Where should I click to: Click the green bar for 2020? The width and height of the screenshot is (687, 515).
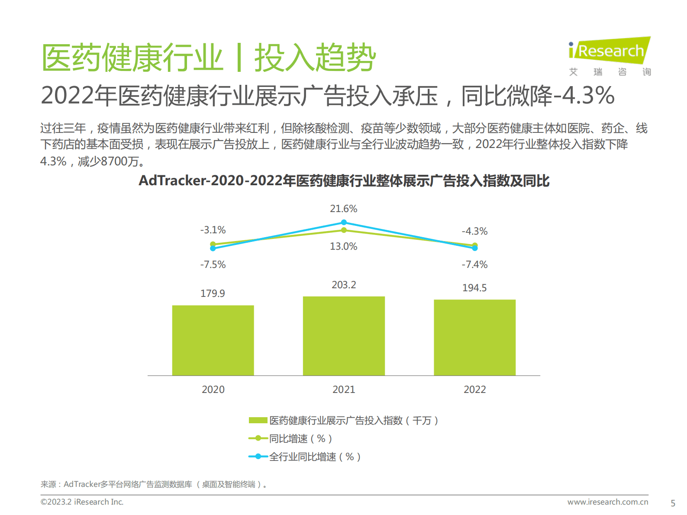coord(213,340)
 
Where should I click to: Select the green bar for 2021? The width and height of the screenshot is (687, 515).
coord(344,336)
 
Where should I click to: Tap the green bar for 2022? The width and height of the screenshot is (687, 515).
coord(474,337)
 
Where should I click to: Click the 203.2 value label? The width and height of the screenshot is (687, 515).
coord(344,285)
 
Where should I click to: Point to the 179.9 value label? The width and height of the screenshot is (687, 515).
coord(213,293)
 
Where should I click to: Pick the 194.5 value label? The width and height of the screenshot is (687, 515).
coord(474,288)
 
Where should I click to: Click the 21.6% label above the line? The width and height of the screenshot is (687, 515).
coord(344,209)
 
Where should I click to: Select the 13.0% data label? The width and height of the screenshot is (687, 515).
coord(344,246)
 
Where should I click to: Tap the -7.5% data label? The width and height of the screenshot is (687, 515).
coord(213,264)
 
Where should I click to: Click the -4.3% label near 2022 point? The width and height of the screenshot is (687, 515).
coord(474,231)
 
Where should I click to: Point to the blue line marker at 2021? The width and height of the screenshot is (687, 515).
coord(344,222)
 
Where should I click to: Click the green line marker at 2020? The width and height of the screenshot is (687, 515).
coord(213,244)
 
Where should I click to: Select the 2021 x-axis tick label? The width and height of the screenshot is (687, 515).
coord(344,389)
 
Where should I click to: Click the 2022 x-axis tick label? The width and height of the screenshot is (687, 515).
coord(474,389)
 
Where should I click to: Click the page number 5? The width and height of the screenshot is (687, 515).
coord(673,503)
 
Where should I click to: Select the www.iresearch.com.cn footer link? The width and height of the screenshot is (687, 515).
coord(608,502)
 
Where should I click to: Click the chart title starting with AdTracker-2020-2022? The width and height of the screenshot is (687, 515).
coord(344,180)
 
